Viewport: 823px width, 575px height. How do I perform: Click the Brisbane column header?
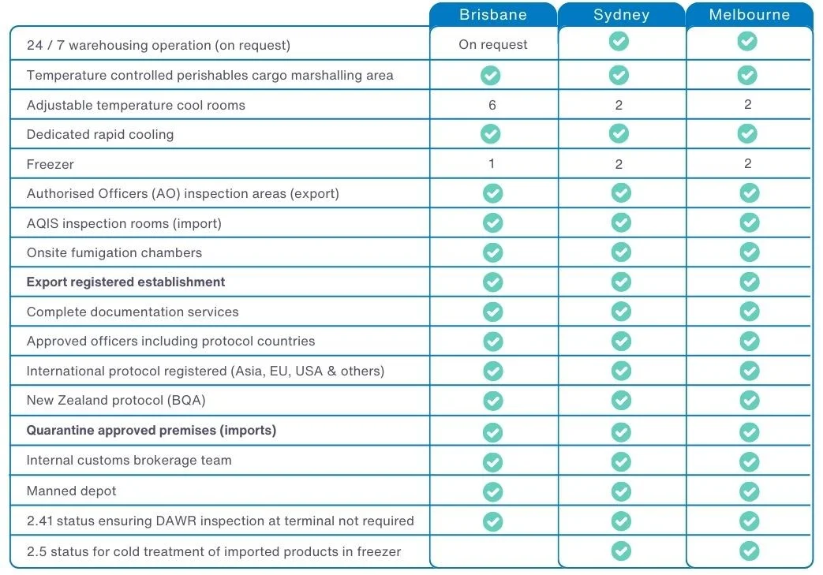[493, 15]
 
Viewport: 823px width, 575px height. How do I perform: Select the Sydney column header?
[621, 15]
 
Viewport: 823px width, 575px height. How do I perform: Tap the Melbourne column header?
[749, 15]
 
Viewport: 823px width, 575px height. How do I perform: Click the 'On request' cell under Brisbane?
[493, 45]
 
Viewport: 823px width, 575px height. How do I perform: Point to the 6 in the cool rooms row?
[492, 105]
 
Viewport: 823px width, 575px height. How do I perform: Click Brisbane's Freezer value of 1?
[492, 164]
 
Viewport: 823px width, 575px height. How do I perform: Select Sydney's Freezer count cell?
[619, 164]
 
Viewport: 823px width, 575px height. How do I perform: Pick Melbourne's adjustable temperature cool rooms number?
[748, 105]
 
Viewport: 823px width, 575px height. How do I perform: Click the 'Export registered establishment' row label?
[126, 282]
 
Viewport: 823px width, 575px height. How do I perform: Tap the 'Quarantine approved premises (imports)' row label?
[152, 431]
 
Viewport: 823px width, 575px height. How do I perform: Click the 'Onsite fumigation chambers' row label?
[114, 253]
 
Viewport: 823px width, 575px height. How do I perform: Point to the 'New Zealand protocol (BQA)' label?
[116, 401]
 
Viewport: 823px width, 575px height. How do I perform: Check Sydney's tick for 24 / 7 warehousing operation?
[619, 41]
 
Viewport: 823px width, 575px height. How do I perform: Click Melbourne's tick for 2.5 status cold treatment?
[749, 551]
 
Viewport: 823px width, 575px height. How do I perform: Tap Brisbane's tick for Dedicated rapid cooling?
[491, 134]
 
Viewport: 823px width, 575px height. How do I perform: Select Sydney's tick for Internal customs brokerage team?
[621, 461]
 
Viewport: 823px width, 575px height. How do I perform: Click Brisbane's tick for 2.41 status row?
[492, 521]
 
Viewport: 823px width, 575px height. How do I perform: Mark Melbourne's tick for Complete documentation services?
[749, 312]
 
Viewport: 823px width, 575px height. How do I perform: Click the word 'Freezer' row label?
[51, 164]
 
